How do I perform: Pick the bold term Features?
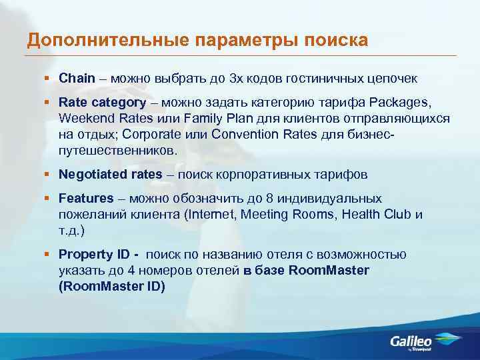pyautogui.click(x=86, y=199)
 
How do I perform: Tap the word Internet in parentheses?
pyautogui.click(x=211, y=215)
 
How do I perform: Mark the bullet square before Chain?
pyautogui.click(x=47, y=79)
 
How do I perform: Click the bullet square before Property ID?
pyautogui.click(x=47, y=255)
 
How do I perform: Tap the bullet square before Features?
pyautogui.click(x=47, y=199)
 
